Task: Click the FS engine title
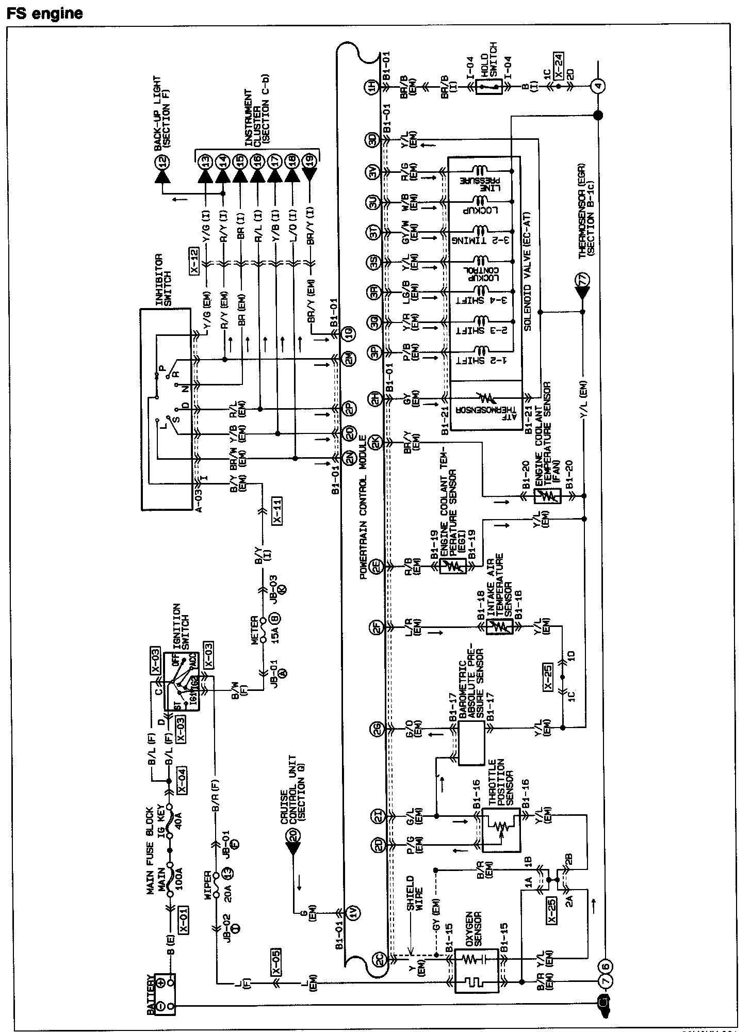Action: click(x=45, y=13)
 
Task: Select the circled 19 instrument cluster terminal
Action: click(x=309, y=162)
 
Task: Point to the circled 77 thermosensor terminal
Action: click(x=583, y=281)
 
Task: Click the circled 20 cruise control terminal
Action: click(x=294, y=836)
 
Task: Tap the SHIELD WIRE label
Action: click(x=414, y=892)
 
